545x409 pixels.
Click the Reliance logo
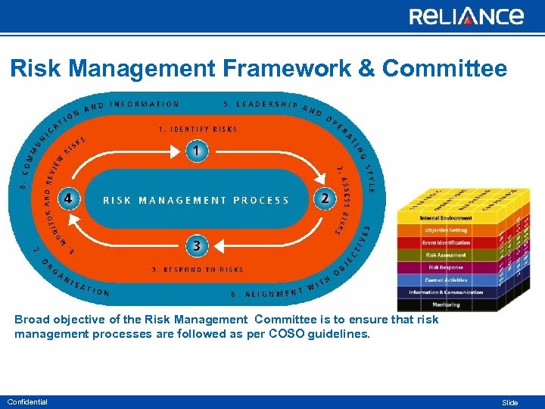(x=466, y=16)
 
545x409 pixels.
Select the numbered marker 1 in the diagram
(x=196, y=151)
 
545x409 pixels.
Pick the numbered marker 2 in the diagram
(x=325, y=198)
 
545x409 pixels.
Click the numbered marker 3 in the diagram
(x=196, y=245)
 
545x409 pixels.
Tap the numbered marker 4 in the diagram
(x=69, y=198)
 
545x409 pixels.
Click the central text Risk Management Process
(x=196, y=201)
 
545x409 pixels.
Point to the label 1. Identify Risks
(x=198, y=130)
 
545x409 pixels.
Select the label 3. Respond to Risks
(x=198, y=270)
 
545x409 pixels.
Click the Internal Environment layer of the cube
(x=445, y=218)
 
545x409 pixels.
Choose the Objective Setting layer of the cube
(x=445, y=230)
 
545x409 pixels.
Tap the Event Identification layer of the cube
(x=445, y=243)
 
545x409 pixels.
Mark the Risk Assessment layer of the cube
(x=445, y=255)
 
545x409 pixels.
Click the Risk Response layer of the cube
(x=445, y=267)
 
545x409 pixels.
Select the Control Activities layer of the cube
(x=445, y=280)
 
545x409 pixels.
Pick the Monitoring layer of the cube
(x=445, y=304)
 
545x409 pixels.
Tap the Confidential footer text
(x=27, y=401)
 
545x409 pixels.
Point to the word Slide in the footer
(x=510, y=402)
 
